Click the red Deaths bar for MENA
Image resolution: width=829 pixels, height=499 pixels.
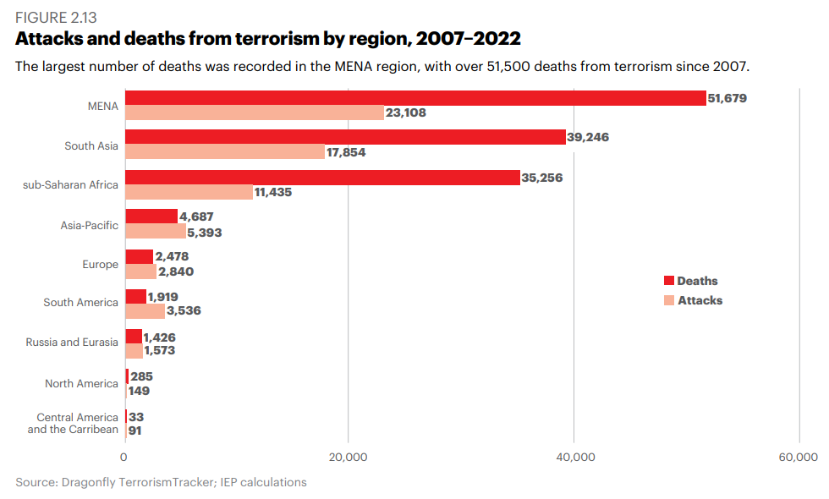coord(415,98)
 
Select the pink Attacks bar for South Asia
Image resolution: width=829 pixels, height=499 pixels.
coord(225,152)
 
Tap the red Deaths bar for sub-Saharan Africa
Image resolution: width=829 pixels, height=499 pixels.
coord(322,178)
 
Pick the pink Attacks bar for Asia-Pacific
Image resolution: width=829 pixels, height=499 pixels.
coord(156,231)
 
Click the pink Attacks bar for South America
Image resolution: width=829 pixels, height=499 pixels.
coord(145,310)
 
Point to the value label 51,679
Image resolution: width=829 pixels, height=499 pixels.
coord(727,98)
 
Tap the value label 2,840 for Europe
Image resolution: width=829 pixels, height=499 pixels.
coord(177,271)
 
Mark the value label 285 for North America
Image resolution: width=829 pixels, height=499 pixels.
coord(141,376)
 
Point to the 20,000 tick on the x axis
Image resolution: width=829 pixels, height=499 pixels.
coord(348,458)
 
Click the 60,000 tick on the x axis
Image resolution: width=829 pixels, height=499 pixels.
coord(798,458)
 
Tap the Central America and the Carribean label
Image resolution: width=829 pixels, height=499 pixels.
coord(73,423)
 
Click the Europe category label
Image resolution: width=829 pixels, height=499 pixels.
coord(100,264)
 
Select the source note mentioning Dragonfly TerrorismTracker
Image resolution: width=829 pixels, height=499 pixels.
coord(161,483)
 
